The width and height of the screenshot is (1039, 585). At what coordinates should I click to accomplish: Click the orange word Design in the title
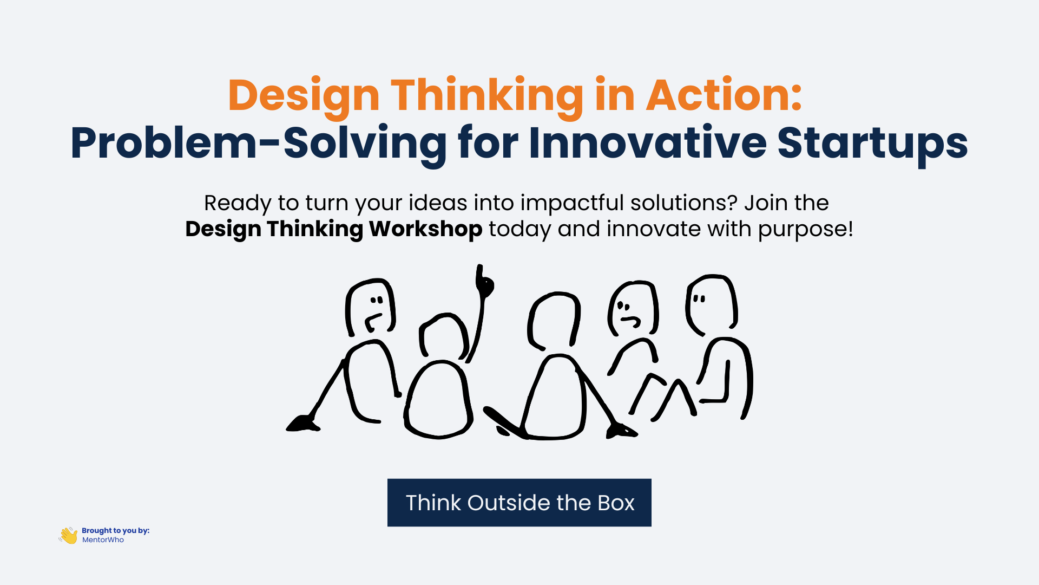tap(303, 96)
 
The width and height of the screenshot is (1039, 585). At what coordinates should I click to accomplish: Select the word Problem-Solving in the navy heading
tap(258, 143)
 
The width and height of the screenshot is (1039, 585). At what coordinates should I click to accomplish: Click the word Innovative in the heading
tap(648, 143)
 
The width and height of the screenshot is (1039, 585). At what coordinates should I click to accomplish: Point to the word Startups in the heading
tap(872, 143)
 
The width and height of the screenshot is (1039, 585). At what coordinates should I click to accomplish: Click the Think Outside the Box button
tap(519, 503)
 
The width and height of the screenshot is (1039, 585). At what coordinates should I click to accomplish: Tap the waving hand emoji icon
tap(69, 535)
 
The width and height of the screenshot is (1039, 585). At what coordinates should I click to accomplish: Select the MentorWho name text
tap(103, 540)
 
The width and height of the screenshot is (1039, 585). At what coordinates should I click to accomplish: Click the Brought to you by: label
tap(115, 530)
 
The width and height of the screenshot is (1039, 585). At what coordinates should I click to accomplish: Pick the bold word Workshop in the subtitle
tap(425, 229)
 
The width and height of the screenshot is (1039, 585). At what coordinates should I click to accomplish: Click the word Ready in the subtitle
tap(237, 203)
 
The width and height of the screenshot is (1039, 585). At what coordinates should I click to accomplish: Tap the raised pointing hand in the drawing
tap(484, 282)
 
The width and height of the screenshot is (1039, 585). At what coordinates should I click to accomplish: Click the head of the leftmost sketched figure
tap(371, 307)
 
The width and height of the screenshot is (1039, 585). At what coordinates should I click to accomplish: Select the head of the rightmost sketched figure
tap(711, 304)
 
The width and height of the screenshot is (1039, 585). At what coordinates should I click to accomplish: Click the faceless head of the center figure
tap(554, 321)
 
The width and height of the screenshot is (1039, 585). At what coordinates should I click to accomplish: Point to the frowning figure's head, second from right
tap(633, 309)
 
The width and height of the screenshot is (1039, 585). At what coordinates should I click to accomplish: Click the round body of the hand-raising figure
tap(438, 400)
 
